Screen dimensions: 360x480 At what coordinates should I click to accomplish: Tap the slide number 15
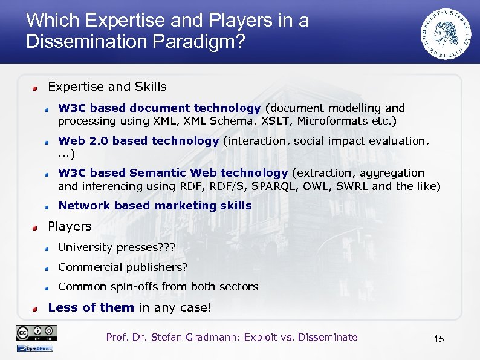point(438,339)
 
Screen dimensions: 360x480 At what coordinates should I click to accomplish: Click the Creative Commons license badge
point(37,332)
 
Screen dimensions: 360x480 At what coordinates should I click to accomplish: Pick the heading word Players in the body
point(70,226)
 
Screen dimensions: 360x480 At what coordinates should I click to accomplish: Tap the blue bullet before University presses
point(47,248)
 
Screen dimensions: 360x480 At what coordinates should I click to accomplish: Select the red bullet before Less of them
point(36,308)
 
